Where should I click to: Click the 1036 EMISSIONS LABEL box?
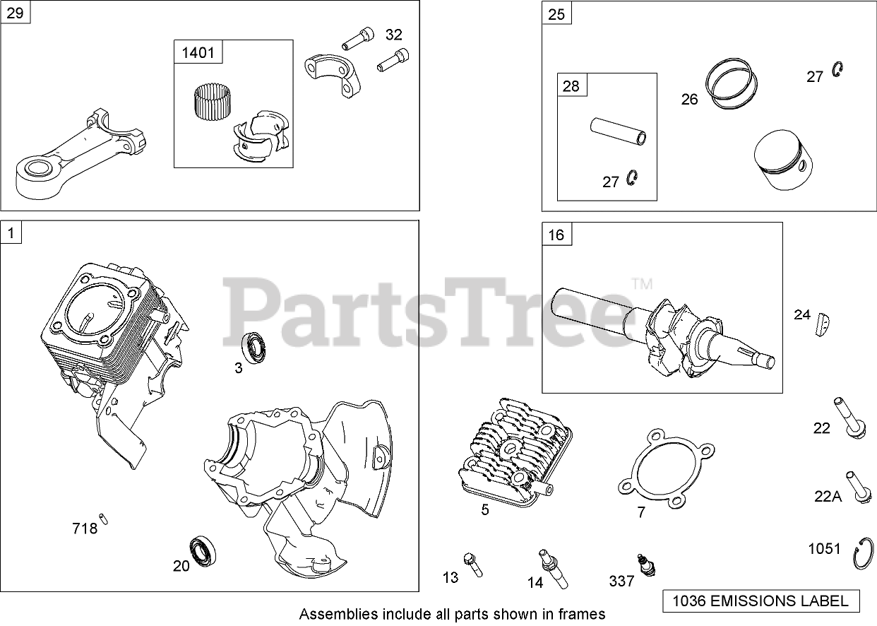point(760,601)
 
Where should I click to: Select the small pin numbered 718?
point(104,518)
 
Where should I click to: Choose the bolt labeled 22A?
point(856,487)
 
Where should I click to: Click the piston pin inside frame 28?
point(619,131)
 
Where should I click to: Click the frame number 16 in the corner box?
point(556,234)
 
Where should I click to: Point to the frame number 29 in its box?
point(16,12)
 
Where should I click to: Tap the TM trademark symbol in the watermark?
point(641,285)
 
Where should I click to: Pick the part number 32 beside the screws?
point(393,35)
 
